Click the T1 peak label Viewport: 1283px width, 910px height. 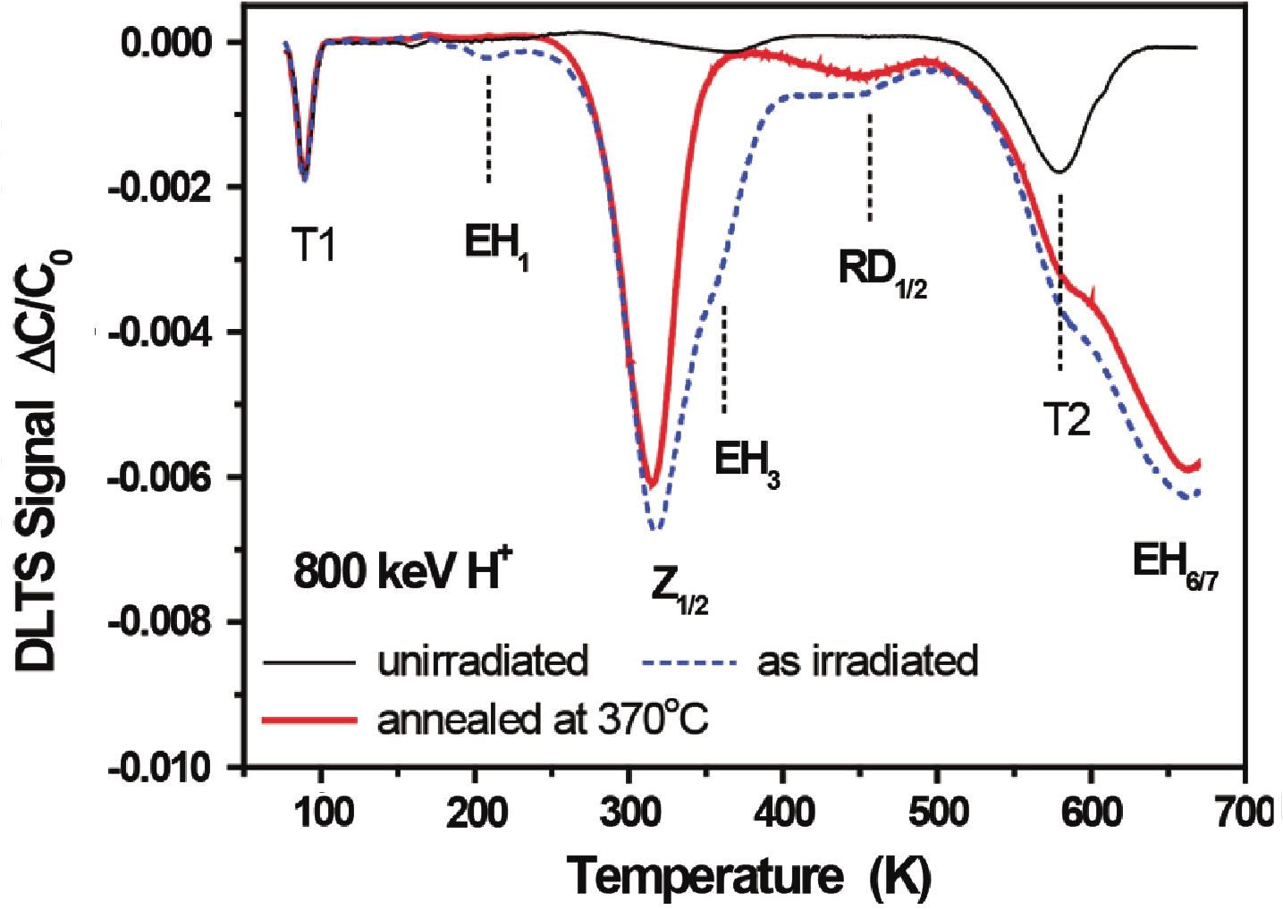[314, 244]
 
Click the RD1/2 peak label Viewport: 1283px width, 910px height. [882, 271]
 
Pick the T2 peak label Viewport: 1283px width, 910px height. [1067, 419]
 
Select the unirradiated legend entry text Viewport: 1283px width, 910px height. [483, 661]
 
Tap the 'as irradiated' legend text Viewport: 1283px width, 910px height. [867, 661]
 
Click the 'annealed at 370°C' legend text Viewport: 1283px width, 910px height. [543, 719]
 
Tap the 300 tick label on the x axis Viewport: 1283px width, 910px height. [629, 813]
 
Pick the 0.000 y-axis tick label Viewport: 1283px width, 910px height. [166, 42]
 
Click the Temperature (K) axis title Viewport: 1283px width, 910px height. [749, 876]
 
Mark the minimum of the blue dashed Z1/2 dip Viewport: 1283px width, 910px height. [655, 530]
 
